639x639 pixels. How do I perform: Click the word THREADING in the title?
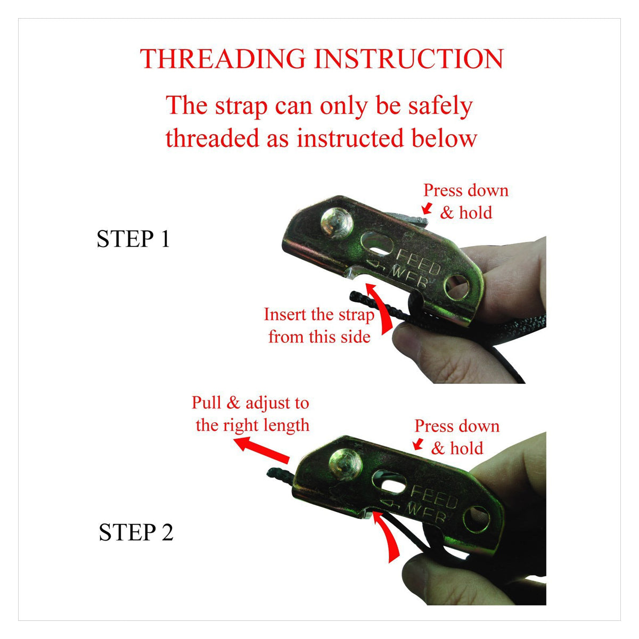point(223,59)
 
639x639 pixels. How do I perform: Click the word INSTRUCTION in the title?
point(409,59)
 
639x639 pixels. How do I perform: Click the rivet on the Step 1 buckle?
point(337,223)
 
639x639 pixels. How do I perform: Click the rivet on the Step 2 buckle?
point(345,464)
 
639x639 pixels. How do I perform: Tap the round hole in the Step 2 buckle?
point(477,519)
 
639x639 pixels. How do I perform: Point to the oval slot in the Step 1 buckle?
point(377,244)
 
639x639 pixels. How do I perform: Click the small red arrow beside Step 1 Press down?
point(428,208)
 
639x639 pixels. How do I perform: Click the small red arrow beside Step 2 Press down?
point(419,444)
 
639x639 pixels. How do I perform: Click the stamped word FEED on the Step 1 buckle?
point(419,261)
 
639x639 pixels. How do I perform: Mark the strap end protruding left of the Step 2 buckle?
point(280,476)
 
